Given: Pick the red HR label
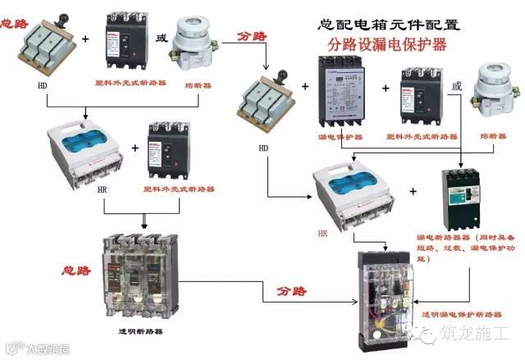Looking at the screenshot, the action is [322, 233].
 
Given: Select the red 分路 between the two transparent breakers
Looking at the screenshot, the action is [294, 290].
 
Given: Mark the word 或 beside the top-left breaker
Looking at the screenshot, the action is [161, 38].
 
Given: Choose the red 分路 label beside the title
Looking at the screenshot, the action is [252, 37].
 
